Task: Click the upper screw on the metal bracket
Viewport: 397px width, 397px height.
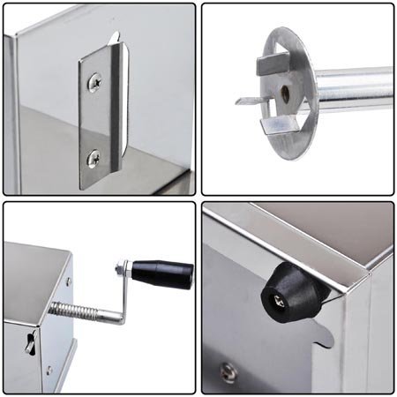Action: coord(94,82)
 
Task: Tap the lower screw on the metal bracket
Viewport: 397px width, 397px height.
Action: coord(94,158)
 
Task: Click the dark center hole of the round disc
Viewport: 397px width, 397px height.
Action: coord(286,92)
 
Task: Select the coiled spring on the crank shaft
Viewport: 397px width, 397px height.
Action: coord(71,310)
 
